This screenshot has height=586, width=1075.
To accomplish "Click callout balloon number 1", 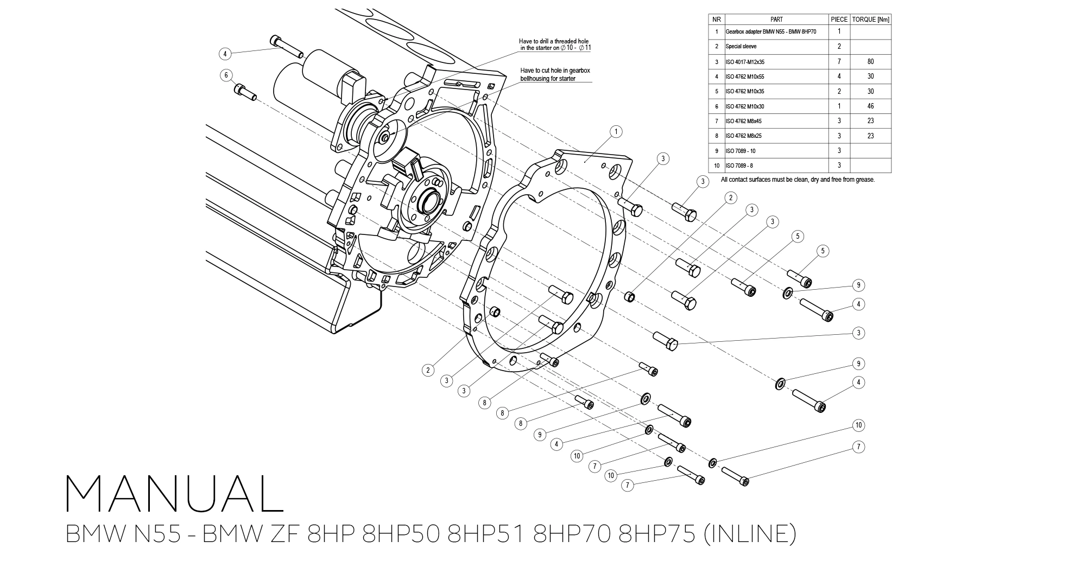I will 615,131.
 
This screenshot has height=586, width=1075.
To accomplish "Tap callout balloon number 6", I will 226,75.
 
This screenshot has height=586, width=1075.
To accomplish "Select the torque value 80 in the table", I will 870,61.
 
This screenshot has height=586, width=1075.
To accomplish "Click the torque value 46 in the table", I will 870,106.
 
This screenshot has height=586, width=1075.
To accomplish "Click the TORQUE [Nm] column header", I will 870,19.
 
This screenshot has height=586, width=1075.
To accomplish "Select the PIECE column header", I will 839,19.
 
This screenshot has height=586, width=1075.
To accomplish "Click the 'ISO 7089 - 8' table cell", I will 739,165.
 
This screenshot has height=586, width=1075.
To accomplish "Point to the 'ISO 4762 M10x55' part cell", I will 744,77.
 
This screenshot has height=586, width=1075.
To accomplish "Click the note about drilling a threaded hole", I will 554,44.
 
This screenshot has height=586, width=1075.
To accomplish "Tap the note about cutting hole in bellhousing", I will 555,74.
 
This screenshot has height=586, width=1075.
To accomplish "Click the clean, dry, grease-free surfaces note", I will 798,180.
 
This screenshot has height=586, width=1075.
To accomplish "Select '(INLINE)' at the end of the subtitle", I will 749,534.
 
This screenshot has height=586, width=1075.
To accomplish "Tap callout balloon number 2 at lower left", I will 428,370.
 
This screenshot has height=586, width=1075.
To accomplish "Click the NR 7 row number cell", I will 716,121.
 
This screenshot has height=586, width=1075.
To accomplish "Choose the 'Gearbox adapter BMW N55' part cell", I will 770,31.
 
